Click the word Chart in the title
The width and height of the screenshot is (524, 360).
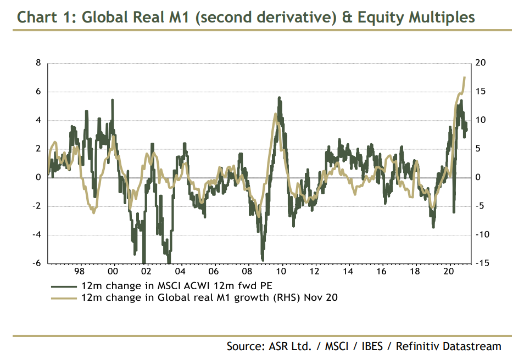[x=37, y=18]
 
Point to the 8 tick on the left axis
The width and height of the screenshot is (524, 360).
[x=38, y=63]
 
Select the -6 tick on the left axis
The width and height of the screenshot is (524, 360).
[x=37, y=263]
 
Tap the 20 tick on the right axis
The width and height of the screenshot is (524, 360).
[x=481, y=63]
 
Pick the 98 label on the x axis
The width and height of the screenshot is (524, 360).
[x=79, y=272]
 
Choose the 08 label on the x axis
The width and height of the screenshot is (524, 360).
[x=248, y=272]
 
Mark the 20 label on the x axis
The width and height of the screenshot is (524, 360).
[x=450, y=272]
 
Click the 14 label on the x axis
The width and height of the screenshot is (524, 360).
[x=349, y=272]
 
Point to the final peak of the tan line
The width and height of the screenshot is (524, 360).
[x=465, y=77]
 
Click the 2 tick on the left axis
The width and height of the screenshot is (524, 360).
[x=38, y=149]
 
